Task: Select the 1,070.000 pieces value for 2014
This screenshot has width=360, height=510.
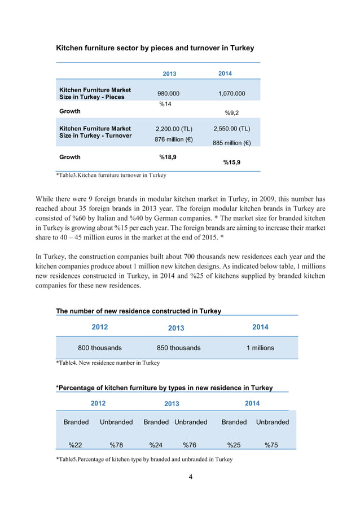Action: [231, 94]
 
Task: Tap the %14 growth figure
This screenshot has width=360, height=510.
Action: [165, 104]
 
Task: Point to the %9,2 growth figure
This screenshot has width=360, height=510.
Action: [231, 112]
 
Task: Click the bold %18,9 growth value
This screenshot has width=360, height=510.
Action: [167, 157]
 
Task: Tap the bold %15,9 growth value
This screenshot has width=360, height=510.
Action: [231, 163]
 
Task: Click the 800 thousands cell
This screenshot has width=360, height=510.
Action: [99, 348]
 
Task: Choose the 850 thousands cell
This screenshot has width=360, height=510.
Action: [178, 348]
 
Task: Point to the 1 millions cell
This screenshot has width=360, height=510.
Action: [260, 348]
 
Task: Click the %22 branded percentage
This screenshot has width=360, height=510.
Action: [76, 444]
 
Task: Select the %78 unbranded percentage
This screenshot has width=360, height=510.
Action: [117, 444]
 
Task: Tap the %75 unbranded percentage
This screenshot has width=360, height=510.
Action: [271, 444]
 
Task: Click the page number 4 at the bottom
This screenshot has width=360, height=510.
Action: [191, 477]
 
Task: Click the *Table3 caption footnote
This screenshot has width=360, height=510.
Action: [111, 176]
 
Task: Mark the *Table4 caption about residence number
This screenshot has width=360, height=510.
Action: [108, 363]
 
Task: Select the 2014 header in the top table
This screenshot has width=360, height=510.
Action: [225, 73]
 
